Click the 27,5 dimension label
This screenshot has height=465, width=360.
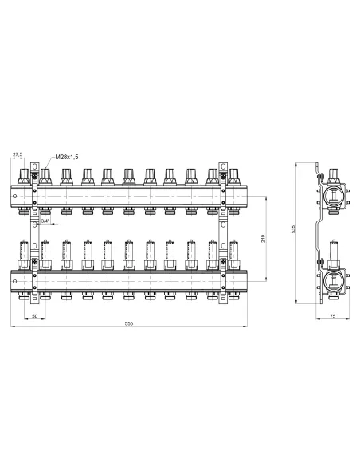click(18, 154)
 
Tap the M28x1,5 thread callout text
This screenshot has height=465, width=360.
click(67, 157)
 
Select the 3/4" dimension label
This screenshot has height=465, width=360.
click(45, 221)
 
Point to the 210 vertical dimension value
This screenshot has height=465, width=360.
click(263, 238)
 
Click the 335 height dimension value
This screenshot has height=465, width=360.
click(294, 229)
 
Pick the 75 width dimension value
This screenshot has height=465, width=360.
click(332, 316)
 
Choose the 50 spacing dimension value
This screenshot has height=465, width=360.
click(35, 316)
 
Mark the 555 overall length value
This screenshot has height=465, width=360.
click(129, 323)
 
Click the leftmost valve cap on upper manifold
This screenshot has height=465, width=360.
click(23, 177)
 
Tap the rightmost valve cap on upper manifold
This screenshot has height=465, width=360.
click(233, 177)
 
